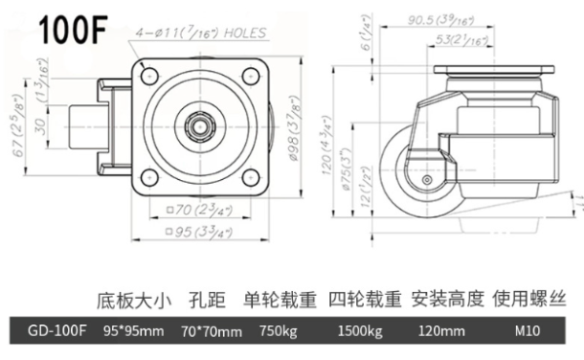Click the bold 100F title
point(74,29)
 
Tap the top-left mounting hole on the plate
point(150,76)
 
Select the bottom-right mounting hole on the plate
point(250,177)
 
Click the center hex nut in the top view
point(200,126)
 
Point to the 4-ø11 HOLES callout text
point(201,33)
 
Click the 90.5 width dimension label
point(441,20)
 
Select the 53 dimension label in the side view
point(461,40)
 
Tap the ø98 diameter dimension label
point(294,128)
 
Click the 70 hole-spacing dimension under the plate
point(200,210)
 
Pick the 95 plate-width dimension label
point(200,233)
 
